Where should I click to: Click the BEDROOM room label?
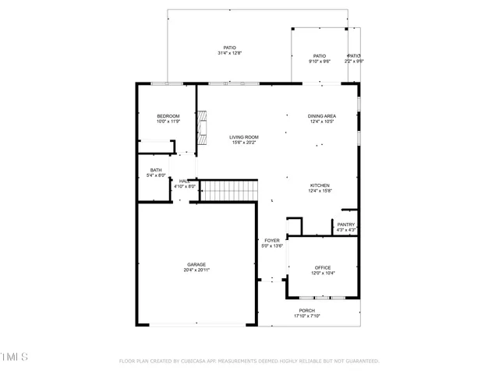168,116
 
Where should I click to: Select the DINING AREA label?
322,116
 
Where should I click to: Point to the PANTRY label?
346,225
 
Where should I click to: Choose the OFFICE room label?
323,267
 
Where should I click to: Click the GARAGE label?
196,264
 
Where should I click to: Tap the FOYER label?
271,241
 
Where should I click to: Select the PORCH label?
307,310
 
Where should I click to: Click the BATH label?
156,171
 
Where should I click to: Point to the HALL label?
184,181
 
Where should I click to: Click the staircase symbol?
230,190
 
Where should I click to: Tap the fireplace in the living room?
203,129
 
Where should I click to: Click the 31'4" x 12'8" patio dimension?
229,53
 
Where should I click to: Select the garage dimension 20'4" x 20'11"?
196,270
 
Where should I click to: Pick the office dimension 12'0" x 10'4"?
323,273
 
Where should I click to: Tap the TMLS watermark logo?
14,357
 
